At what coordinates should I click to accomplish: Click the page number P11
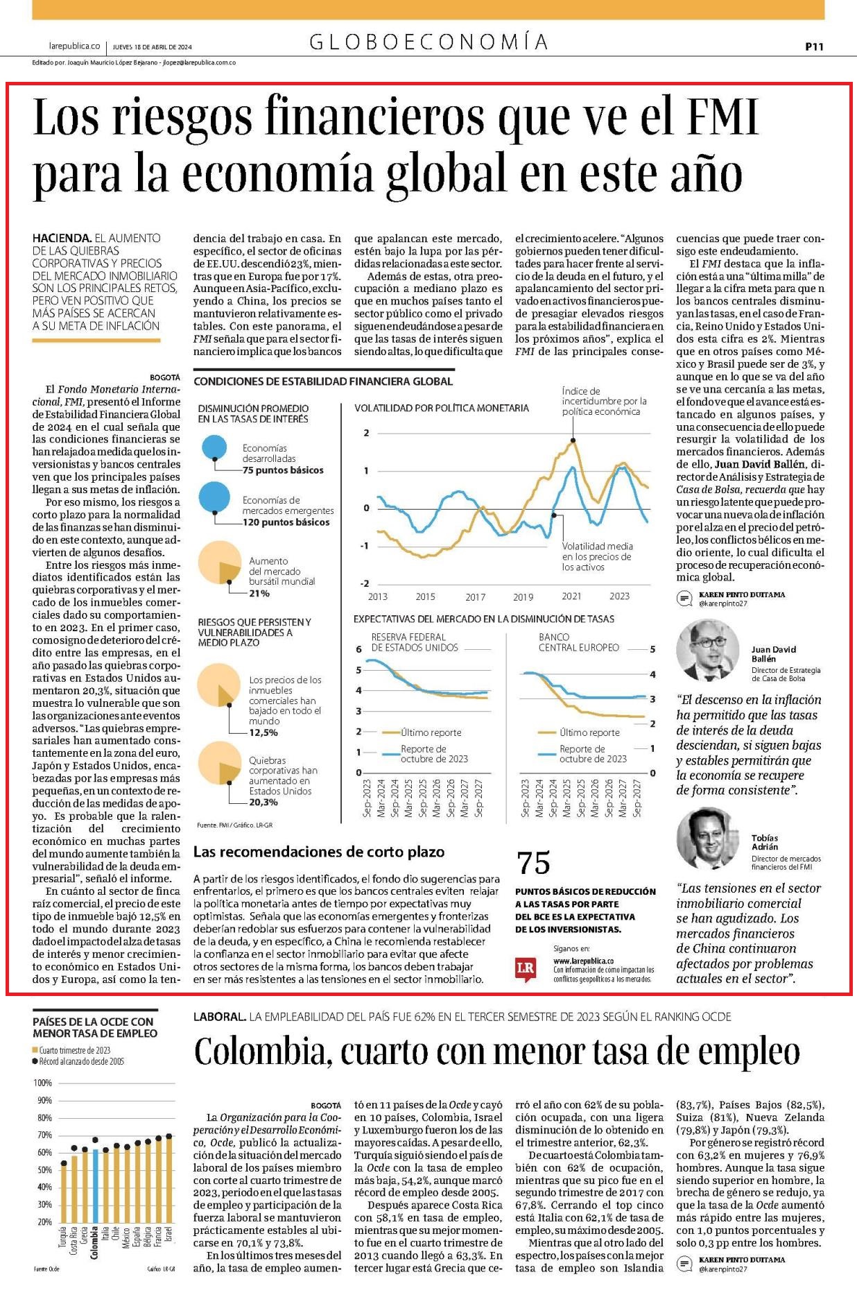point(814,46)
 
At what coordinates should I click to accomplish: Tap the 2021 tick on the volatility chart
point(571,597)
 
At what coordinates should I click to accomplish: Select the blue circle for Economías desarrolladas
point(214,447)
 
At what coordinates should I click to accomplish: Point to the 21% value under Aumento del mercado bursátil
point(259,594)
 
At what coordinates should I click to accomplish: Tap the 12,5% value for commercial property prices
point(263,732)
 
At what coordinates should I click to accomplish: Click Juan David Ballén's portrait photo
point(708,649)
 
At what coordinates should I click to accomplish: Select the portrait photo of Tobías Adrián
point(708,838)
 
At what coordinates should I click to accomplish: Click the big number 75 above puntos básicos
point(533,864)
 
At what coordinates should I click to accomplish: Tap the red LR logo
point(526,969)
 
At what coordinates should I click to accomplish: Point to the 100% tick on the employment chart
point(43,1083)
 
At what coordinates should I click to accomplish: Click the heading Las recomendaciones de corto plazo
point(319,852)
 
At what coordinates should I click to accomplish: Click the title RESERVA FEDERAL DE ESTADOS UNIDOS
point(415,642)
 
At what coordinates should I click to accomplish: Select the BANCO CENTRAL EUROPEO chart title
point(579,642)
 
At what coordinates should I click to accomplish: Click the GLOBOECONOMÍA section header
point(429,43)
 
